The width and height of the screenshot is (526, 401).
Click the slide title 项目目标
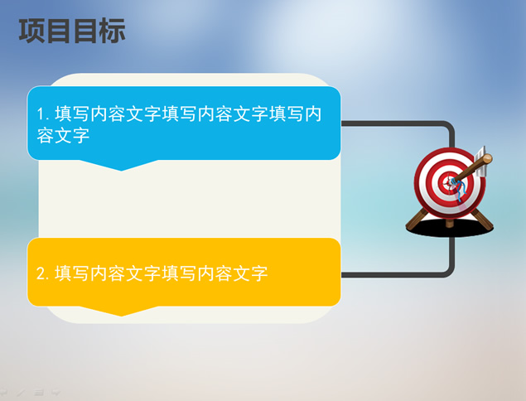point(72,31)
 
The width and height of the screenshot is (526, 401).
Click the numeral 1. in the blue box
point(43,114)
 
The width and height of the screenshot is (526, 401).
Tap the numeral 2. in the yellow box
point(43,273)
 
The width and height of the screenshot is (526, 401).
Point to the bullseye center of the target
point(449,183)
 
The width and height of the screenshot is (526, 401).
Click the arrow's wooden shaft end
point(487,159)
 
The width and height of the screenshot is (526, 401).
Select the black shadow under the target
point(450,228)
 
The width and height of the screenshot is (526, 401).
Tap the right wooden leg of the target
point(482,220)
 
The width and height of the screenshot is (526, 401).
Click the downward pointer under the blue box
point(120,165)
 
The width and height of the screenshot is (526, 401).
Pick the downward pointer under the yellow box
point(120,311)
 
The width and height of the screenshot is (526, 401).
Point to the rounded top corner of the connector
point(450,126)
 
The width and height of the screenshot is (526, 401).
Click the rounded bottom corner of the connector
point(450,273)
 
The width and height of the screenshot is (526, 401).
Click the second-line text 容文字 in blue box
point(63,136)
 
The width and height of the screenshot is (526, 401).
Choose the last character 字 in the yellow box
point(258,273)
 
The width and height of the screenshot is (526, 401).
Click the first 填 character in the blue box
point(64,114)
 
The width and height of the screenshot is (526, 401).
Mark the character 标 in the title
point(113,31)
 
